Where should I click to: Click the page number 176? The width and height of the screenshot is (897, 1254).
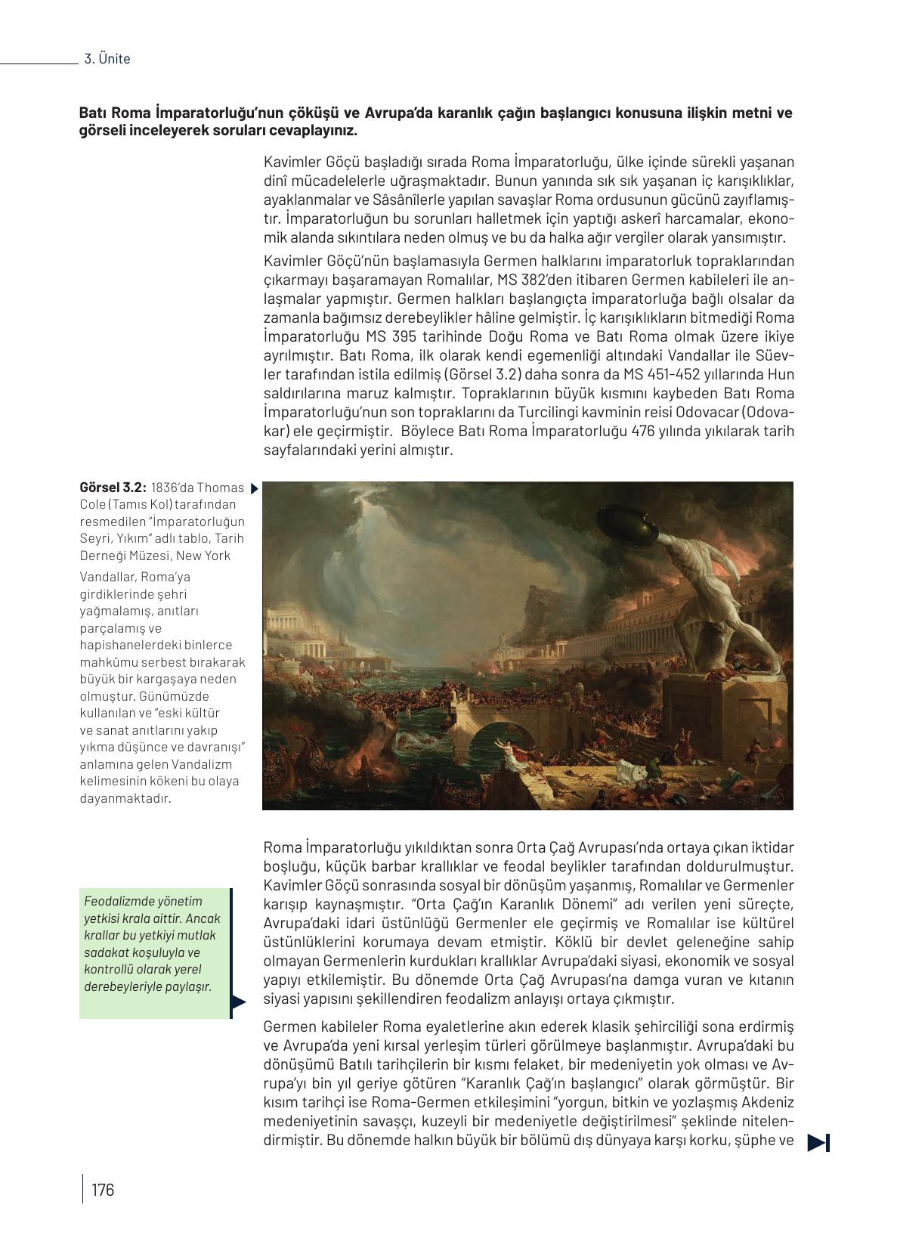click(102, 1190)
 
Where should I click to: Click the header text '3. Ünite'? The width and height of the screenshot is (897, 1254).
click(107, 59)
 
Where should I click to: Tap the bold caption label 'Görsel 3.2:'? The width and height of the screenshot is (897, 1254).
click(113, 488)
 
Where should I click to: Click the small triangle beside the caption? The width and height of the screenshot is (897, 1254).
click(254, 488)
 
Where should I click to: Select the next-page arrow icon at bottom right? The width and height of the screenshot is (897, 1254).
click(818, 1143)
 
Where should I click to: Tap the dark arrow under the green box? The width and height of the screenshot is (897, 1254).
click(238, 1003)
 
